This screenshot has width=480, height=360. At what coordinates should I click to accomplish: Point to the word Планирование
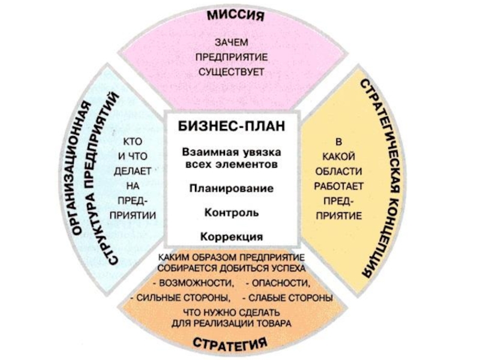[x=231, y=188]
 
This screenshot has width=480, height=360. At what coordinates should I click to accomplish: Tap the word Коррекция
[x=231, y=236]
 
